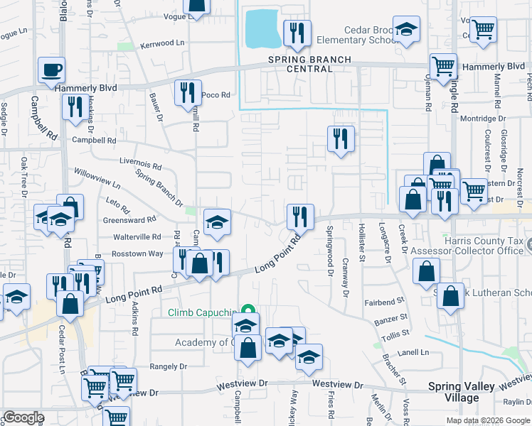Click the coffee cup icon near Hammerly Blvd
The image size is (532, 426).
[52, 70]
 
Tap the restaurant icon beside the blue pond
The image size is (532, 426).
[297, 33]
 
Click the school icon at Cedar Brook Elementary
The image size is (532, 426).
[407, 29]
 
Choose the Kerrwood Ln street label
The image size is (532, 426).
[162, 43]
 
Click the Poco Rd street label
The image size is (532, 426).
[216, 94]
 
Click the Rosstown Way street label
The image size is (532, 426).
[138, 253]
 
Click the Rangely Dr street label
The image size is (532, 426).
[168, 366]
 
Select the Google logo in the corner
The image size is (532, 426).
[23, 417]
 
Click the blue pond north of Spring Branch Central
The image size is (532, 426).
[263, 29]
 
